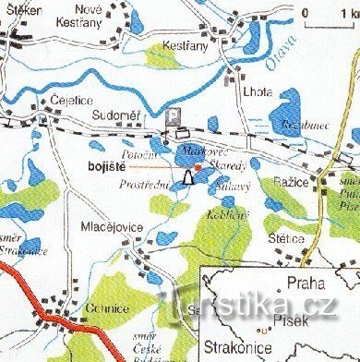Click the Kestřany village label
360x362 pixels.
[x=180, y=43]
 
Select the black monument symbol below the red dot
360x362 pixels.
[x=187, y=177]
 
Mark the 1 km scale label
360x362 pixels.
[x=347, y=12]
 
